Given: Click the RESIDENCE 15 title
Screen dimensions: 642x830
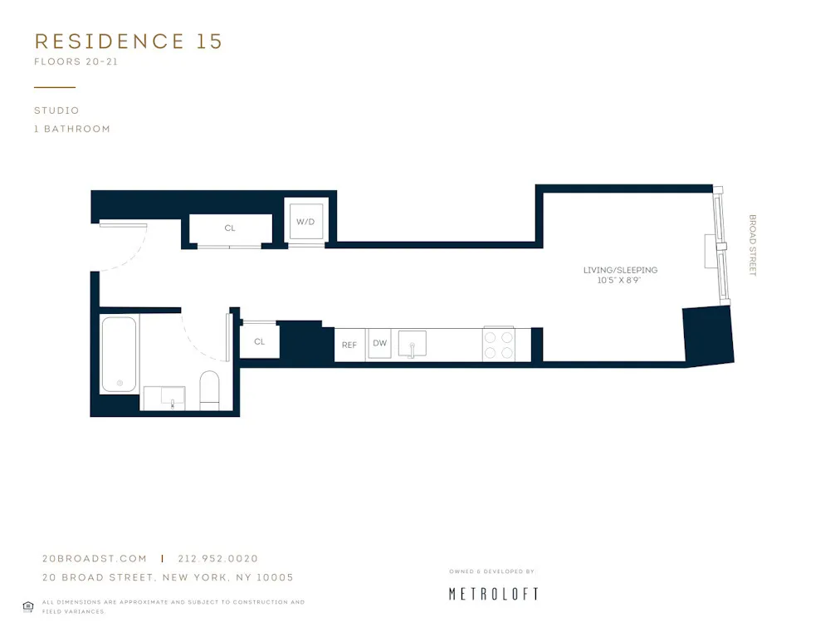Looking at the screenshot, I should tap(129, 42).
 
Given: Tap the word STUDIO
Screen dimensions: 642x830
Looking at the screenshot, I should tap(56, 110).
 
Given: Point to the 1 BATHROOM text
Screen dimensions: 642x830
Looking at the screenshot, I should tap(72, 129).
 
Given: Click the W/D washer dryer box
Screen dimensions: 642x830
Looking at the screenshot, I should tap(305, 222).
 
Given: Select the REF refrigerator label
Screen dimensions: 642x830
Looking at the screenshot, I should tap(349, 344).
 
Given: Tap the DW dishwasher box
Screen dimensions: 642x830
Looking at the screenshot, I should tap(379, 343).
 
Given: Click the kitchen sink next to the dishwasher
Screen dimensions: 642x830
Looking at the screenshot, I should tap(412, 343).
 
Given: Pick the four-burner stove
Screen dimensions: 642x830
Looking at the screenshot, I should tap(500, 345).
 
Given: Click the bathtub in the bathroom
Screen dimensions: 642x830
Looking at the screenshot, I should tap(120, 354).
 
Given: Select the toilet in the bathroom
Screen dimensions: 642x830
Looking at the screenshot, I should tap(209, 390).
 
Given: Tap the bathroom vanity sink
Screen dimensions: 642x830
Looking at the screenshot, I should tap(172, 398).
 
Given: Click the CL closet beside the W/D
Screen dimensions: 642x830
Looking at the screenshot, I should tap(230, 228).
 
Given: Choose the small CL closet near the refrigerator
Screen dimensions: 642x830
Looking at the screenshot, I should tap(259, 341).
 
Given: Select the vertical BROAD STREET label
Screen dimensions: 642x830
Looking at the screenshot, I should tap(753, 246).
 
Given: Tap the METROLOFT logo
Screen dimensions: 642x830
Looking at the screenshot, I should tap(493, 593).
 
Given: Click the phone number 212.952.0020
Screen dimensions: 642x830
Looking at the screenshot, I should tap(217, 559).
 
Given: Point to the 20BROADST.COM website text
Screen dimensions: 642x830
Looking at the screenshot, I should tap(94, 559).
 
